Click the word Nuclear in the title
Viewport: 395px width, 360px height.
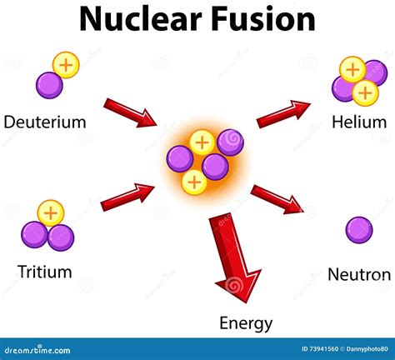pos(141,19)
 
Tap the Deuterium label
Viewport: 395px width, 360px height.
pos(45,122)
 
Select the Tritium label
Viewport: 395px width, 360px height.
pos(45,272)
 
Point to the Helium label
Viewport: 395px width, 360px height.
pos(359,122)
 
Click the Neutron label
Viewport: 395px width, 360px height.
pos(359,274)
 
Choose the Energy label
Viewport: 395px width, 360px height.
pos(246,323)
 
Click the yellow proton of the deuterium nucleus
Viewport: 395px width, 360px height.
pos(66,65)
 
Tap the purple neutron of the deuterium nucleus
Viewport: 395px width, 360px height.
pos(49,85)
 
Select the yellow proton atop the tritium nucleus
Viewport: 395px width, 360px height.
pos(51,213)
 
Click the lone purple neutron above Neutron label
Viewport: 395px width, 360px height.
pos(359,230)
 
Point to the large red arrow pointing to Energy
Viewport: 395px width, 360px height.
pos(236,257)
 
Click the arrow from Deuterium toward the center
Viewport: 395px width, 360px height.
pos(130,113)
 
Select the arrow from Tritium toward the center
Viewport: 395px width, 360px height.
pos(127,197)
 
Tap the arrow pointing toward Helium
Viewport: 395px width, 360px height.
pos(283,114)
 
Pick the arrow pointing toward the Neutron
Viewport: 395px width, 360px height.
pos(277,199)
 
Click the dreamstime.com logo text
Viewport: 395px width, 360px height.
pos(37,350)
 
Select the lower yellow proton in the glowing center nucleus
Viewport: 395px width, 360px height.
pos(194,182)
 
